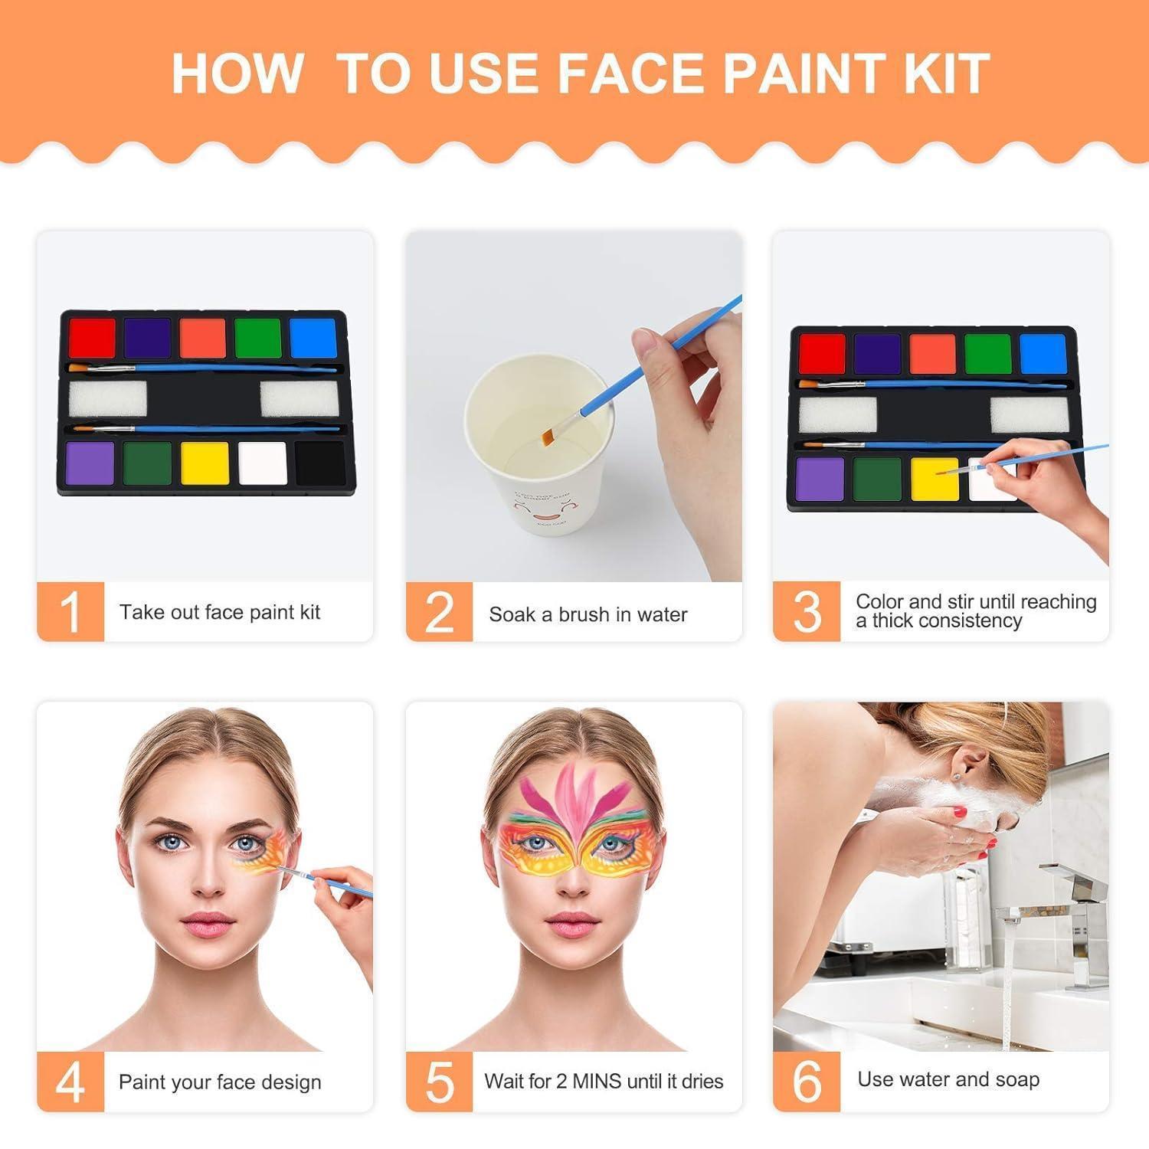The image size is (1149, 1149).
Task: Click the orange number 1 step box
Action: (70, 611)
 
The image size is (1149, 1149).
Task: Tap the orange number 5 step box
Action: (439, 1082)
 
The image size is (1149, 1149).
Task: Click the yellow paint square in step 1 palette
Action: (205, 463)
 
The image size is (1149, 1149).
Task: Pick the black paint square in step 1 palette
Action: (320, 463)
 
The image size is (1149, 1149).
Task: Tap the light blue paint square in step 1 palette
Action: (313, 338)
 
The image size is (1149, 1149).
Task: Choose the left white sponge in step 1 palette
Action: (107, 399)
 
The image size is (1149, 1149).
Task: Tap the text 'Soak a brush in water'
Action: (588, 614)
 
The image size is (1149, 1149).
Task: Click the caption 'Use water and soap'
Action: (948, 1079)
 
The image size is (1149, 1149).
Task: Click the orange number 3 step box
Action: (807, 611)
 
